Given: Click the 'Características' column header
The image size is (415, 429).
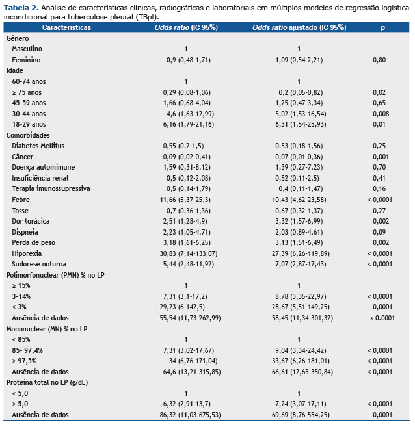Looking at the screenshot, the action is tap(66, 27).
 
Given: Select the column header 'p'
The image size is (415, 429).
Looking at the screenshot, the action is tap(382, 28).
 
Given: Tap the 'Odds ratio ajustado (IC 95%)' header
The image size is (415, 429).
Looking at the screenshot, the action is tap(299, 27).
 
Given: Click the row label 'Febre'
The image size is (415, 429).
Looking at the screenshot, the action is tap(21, 200).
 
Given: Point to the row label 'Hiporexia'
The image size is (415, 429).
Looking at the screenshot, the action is tap(27, 253).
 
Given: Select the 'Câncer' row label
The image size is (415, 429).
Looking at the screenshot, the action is tap(23, 157).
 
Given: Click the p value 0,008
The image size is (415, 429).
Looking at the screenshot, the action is tap(381, 114).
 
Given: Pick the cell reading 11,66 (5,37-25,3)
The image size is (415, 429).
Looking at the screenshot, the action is tap(185, 200).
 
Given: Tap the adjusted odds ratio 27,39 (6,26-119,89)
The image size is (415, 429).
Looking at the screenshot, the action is tap(301, 253).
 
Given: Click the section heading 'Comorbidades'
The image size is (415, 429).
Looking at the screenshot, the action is tap(28, 135).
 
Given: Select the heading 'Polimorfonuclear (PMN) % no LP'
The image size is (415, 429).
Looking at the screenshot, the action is tap(55, 275).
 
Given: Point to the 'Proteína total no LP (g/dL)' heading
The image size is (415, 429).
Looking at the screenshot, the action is tap(47, 382).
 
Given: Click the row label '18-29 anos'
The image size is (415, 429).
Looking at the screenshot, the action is tap(29, 124).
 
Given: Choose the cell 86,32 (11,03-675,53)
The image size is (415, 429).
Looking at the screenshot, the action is tap(190, 415).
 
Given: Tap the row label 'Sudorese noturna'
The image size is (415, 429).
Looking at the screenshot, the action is tap(39, 264).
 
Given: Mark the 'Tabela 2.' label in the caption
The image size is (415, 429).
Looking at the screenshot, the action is tap(21, 8).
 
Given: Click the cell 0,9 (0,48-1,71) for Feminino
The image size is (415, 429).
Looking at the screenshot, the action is tap(189, 60).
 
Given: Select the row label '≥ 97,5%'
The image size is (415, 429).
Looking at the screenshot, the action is tap(24, 361).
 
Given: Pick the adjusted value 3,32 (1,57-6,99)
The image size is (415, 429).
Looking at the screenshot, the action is tap(299, 221).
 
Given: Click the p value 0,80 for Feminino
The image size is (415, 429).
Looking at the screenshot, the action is tap(379, 60).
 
